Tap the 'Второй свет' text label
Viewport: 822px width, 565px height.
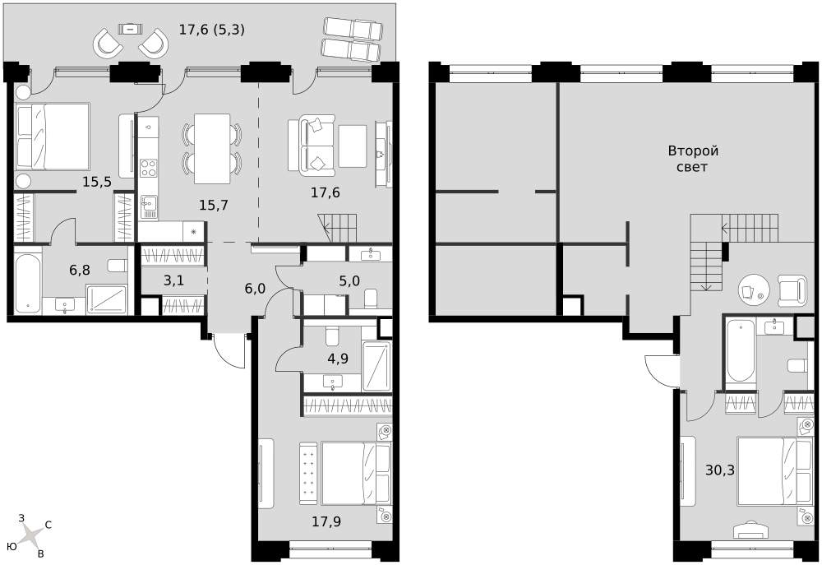(692, 159)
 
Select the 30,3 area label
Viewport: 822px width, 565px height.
(720, 470)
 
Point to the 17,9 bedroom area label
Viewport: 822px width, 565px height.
(326, 521)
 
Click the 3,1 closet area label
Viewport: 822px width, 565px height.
(173, 280)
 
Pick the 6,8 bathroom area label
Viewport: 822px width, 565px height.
(80, 271)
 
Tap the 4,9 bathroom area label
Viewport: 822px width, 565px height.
(338, 359)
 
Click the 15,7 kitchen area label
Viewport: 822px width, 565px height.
(214, 205)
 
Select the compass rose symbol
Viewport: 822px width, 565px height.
(32, 535)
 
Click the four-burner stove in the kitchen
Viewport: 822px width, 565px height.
(148, 169)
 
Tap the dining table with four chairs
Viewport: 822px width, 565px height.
(212, 149)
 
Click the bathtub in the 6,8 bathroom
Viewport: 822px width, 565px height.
(27, 284)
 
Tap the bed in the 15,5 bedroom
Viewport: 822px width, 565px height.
(53, 137)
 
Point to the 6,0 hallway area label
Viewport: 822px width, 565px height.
(256, 288)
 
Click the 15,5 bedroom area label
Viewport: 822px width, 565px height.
(97, 182)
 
